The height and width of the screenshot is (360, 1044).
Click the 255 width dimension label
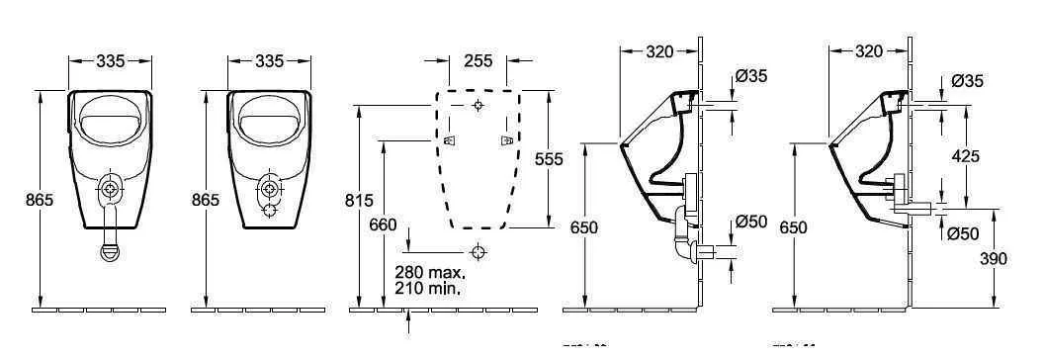(x=478, y=61)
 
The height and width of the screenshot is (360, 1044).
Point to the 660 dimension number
(x=384, y=225)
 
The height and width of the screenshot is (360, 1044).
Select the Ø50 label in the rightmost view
(x=963, y=233)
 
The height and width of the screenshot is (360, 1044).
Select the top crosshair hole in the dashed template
(x=478, y=104)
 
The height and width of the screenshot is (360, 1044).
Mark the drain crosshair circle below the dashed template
(x=478, y=251)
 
